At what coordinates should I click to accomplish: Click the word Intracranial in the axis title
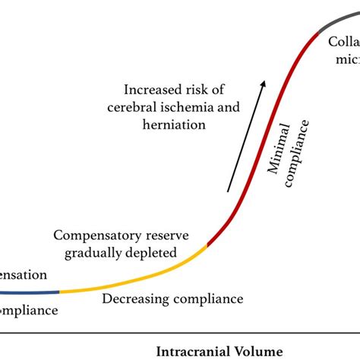[x=193, y=350]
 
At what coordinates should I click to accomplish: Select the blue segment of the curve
[x=30, y=292]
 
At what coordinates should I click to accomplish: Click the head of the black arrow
[x=262, y=81]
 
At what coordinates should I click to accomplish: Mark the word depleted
[x=156, y=251]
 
